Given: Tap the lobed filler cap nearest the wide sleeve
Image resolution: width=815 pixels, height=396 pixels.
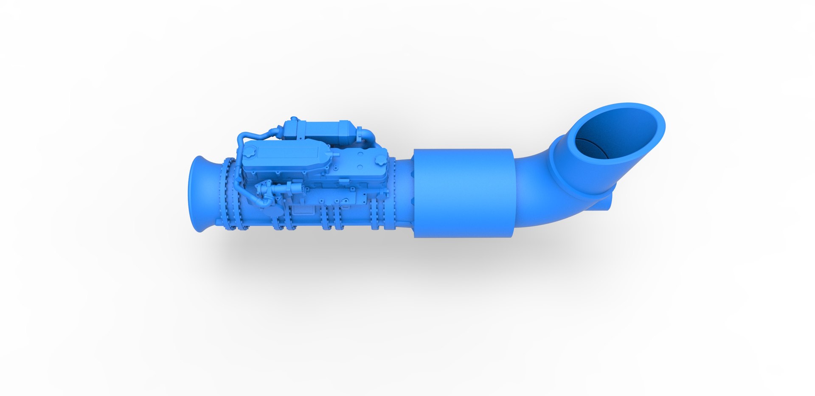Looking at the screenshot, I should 380,160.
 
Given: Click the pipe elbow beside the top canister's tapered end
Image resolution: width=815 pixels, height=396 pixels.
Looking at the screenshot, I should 366,136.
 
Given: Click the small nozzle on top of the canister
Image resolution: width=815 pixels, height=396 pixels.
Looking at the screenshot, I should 293,120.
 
